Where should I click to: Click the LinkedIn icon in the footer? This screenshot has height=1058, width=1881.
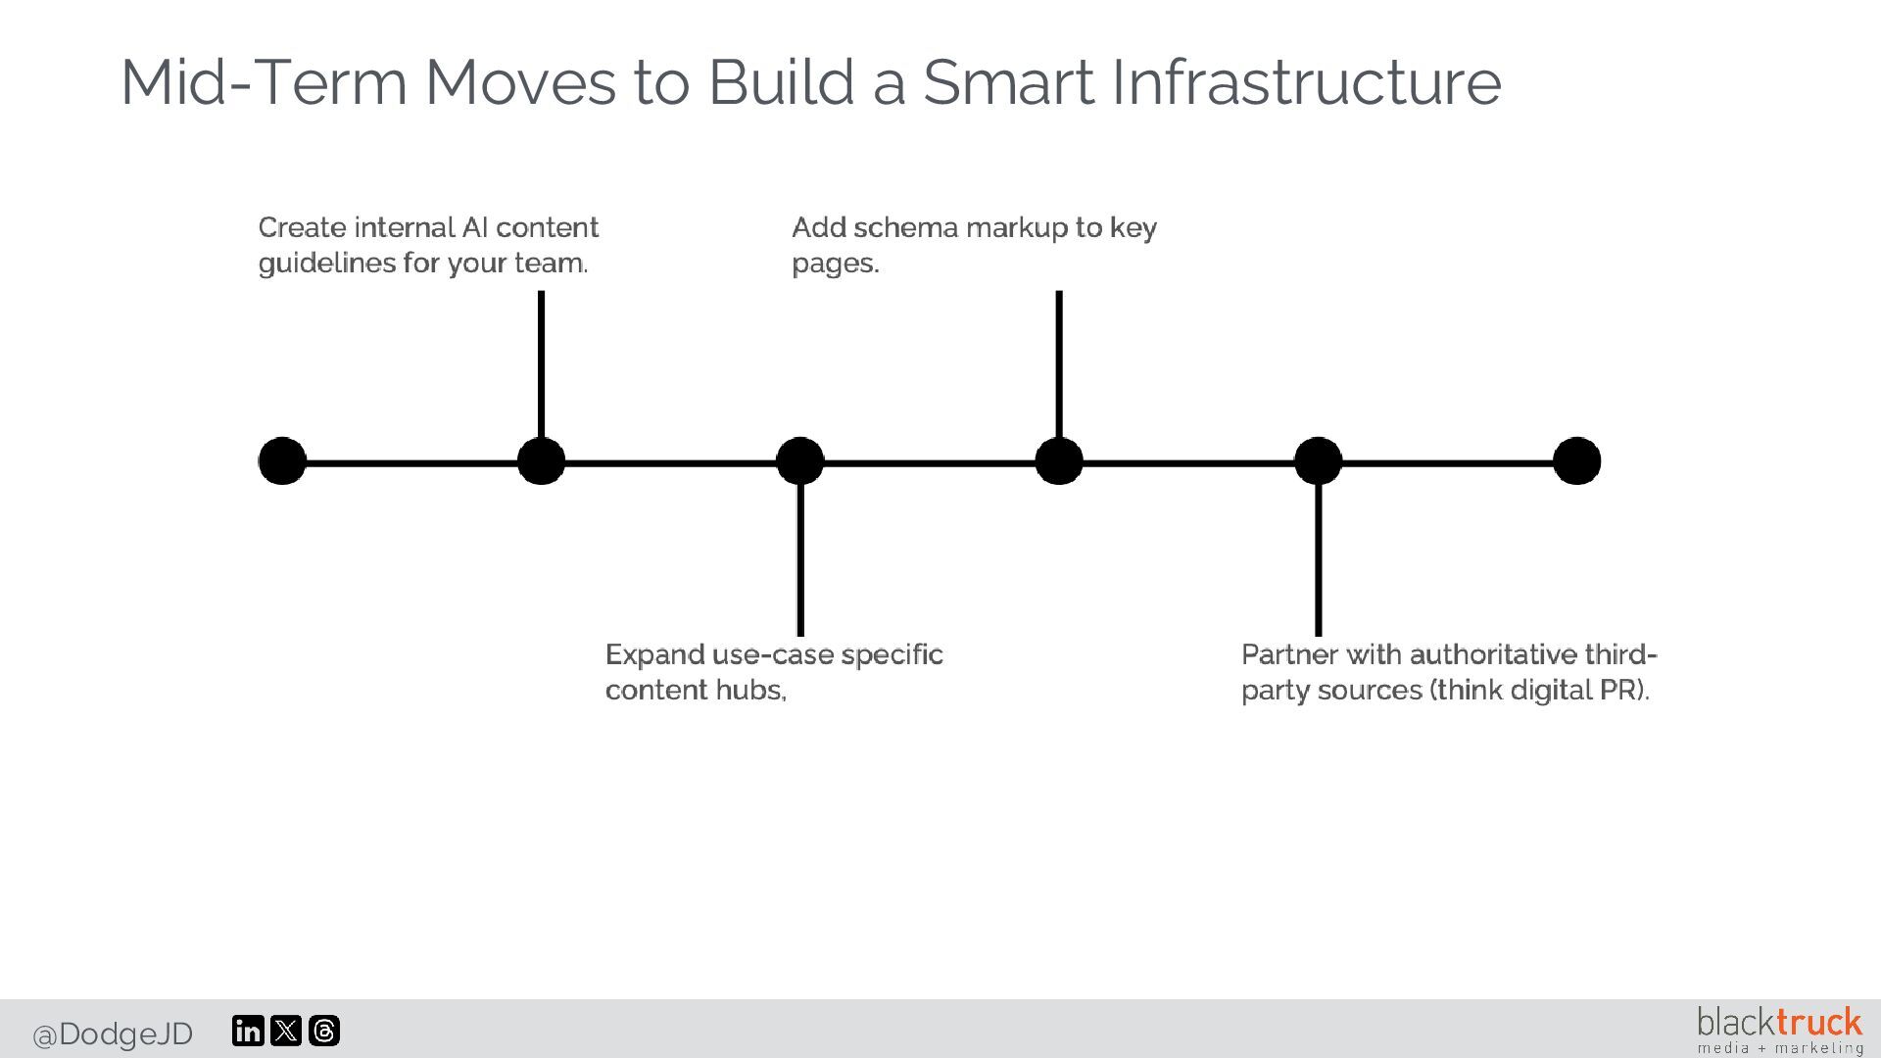(x=248, y=1031)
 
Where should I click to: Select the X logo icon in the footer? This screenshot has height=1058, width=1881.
(x=286, y=1031)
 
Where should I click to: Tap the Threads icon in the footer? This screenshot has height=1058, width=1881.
(x=324, y=1031)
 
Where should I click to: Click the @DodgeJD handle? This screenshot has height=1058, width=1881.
(x=113, y=1034)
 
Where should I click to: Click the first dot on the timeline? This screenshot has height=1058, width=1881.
(x=282, y=461)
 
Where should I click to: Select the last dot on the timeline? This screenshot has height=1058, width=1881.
(x=1576, y=461)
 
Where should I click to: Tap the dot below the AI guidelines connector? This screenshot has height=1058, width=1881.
(x=541, y=461)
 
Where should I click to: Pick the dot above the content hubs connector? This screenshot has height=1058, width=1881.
(x=800, y=461)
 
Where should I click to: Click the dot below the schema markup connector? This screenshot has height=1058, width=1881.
(x=1059, y=461)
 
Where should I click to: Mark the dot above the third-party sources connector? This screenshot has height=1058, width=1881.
(x=1318, y=461)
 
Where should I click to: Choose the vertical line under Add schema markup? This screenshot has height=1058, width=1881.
(x=1059, y=362)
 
